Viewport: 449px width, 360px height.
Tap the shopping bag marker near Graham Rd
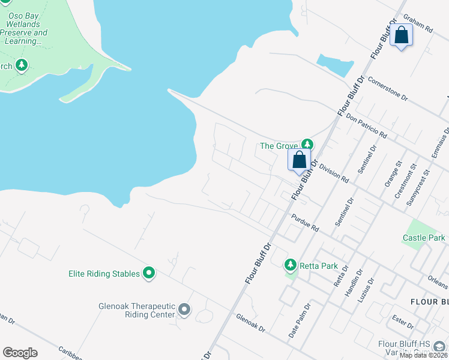coord(401,35)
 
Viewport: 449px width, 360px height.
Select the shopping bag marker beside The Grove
coord(299,161)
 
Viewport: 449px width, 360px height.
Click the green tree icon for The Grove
coord(307,144)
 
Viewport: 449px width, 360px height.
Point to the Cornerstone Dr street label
coord(388,88)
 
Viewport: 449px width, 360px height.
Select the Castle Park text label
coord(424,238)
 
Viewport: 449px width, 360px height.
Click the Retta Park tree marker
coord(291,265)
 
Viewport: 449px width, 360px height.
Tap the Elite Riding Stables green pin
coord(148,274)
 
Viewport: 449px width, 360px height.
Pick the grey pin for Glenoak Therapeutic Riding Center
coord(184,310)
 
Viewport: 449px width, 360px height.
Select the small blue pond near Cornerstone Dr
coord(335,65)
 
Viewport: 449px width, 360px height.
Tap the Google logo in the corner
coord(20,353)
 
